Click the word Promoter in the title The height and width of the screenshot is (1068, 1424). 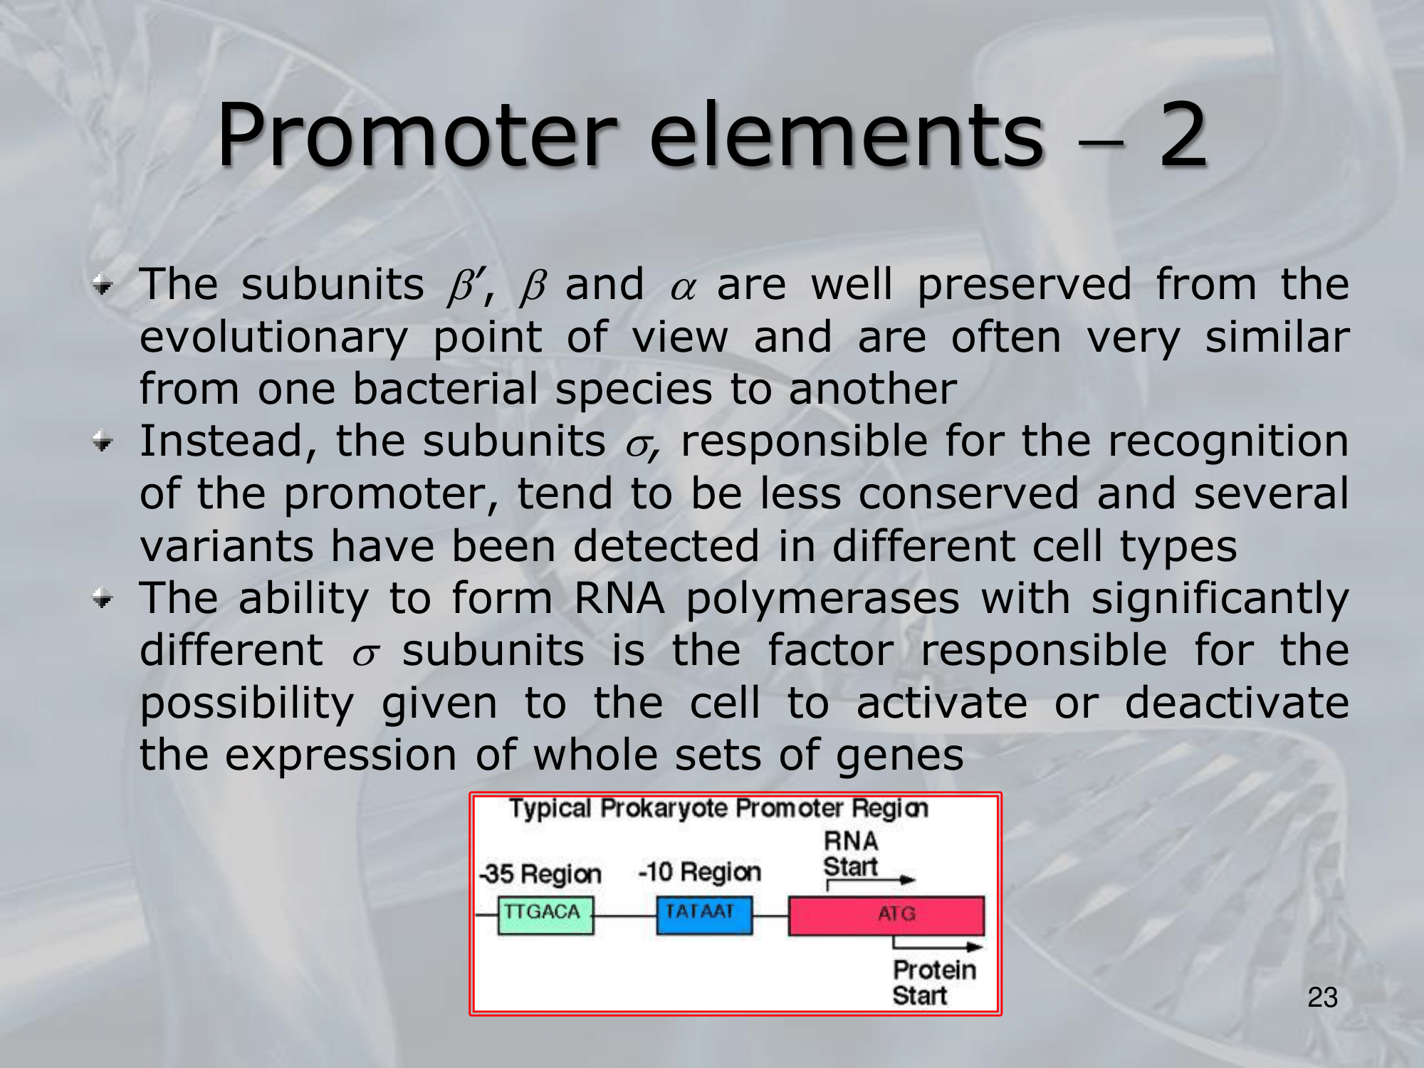(417, 135)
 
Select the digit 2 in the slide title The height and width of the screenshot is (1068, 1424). (1183, 135)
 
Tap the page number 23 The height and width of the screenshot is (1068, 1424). (1322, 998)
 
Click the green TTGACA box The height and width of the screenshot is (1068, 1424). (545, 915)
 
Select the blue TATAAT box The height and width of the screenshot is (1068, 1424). (704, 915)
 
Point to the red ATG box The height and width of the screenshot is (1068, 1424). (886, 916)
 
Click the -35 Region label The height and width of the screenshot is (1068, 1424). (540, 874)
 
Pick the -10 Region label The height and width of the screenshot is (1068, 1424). (700, 871)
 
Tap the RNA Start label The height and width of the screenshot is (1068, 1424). (851, 854)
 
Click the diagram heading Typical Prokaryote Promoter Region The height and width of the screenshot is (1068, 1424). (718, 809)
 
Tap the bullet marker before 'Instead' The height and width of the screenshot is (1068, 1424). (103, 443)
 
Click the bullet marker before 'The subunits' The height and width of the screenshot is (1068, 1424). (103, 286)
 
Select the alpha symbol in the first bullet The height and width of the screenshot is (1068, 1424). (682, 289)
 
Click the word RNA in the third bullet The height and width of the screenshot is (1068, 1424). (619, 598)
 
